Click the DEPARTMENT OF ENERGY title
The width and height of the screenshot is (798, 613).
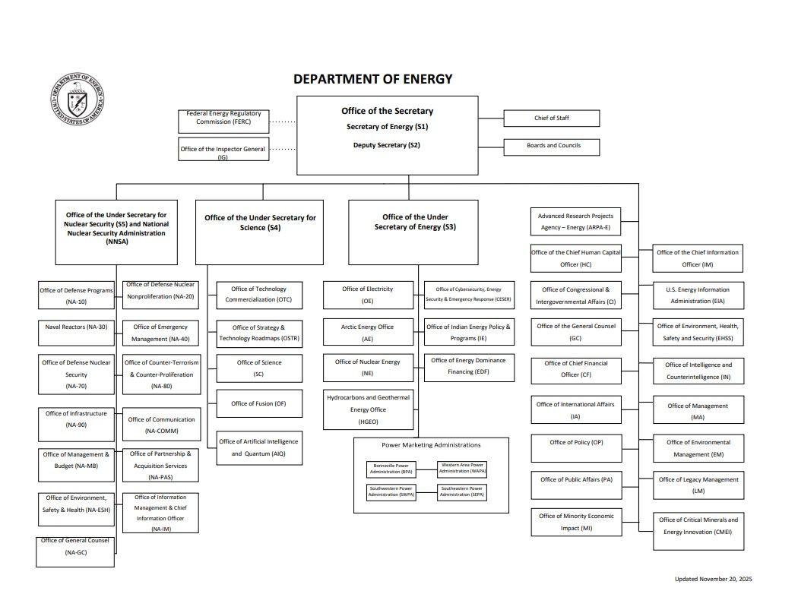tap(372, 79)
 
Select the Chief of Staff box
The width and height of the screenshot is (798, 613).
tap(551, 118)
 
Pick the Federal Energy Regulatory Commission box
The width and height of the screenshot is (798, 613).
tap(223, 118)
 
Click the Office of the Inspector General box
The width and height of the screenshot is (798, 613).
tap(223, 149)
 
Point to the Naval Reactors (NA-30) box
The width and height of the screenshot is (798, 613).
tap(76, 332)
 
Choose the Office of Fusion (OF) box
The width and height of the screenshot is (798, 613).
tap(259, 404)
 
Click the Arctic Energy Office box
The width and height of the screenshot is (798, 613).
tap(368, 332)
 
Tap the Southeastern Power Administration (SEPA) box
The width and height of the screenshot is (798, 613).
tap(462, 492)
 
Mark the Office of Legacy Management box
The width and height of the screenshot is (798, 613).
tap(698, 485)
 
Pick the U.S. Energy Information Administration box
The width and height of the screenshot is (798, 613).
tap(698, 295)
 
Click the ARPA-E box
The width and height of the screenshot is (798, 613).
tap(575, 221)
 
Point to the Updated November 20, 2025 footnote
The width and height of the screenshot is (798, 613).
tap(713, 580)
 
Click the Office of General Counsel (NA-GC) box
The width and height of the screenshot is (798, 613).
tap(75, 551)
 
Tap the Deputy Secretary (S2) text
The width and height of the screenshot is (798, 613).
tap(386, 145)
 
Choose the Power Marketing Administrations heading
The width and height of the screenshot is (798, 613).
tap(431, 445)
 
